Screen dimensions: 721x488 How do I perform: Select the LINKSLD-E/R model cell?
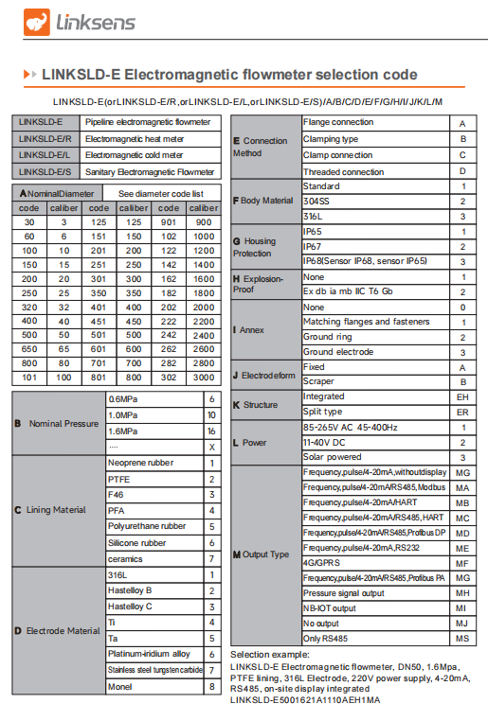(x=45, y=138)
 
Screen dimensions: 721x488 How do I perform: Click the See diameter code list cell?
(x=161, y=193)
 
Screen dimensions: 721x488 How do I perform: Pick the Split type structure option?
(x=323, y=413)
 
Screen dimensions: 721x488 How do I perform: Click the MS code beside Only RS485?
(x=461, y=639)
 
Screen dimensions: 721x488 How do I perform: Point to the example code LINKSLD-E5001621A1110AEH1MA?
(x=305, y=700)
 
